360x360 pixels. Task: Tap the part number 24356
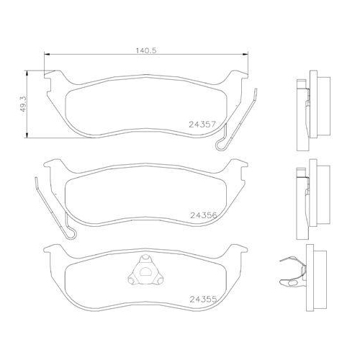point(203,215)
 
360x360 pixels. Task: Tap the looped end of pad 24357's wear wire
point(221,144)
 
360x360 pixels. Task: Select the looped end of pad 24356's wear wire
point(70,234)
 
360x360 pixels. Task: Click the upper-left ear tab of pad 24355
point(52,249)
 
